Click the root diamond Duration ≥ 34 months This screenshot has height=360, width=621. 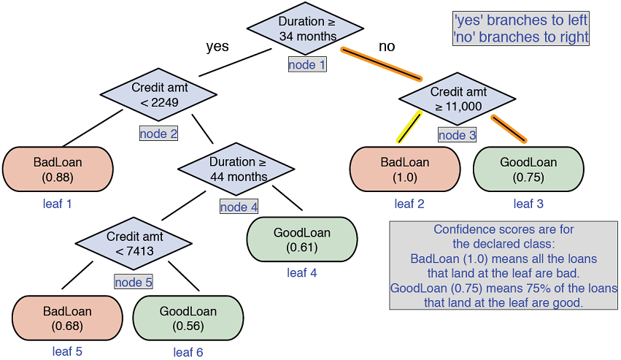click(305, 28)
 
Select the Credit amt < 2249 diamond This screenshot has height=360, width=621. click(158, 95)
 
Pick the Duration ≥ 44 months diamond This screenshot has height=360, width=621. click(237, 169)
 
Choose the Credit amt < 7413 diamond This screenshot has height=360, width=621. click(134, 244)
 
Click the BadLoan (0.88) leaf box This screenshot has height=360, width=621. click(58, 169)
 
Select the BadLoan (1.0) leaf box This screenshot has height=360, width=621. click(405, 169)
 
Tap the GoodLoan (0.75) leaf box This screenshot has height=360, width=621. click(528, 169)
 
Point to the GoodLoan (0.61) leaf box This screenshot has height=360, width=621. click(301, 240)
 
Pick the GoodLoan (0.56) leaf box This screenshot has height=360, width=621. click(188, 318)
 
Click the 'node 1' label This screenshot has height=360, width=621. click(307, 65)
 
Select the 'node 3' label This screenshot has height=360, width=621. click(457, 135)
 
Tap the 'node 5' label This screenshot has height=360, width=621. click(133, 281)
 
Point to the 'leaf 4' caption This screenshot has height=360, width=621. click(301, 273)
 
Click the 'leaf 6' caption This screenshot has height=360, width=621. click(188, 352)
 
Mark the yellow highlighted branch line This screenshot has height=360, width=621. click(409, 127)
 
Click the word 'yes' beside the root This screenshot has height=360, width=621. click(217, 47)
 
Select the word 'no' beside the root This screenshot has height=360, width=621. click(386, 47)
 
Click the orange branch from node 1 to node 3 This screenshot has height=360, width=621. click(382, 64)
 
